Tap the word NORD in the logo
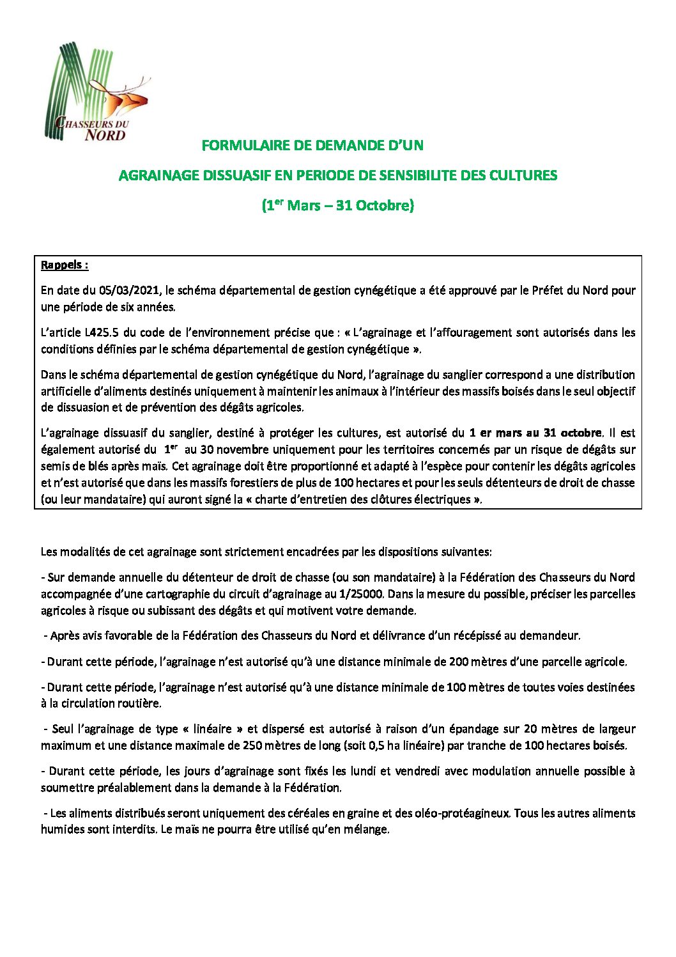[105, 135]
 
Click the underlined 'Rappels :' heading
[65, 265]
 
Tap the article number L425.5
[100, 332]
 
